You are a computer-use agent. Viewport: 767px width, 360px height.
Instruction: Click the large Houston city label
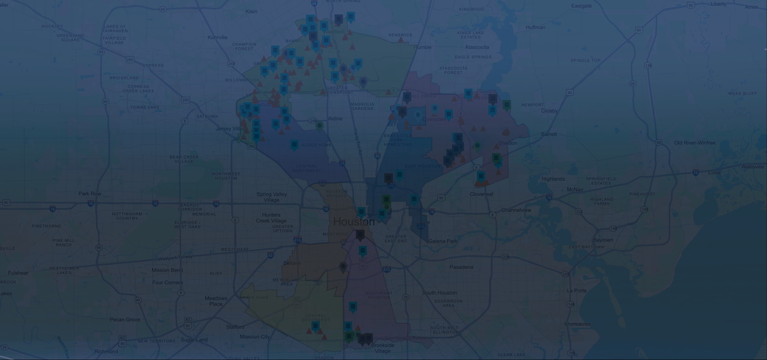pyautogui.click(x=353, y=222)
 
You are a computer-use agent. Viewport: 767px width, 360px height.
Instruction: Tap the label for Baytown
pyautogui.click(x=603, y=240)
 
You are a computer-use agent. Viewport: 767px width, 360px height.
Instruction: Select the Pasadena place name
pyautogui.click(x=461, y=267)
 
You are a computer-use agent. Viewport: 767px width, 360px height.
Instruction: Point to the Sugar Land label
pyautogui.click(x=194, y=339)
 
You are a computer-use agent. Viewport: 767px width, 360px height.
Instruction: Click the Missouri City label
pyautogui.click(x=255, y=337)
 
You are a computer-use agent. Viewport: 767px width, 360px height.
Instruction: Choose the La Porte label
pyautogui.click(x=577, y=291)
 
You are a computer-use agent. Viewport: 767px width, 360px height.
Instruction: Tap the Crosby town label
pyautogui.click(x=549, y=111)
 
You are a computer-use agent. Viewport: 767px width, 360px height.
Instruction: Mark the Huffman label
pyautogui.click(x=535, y=28)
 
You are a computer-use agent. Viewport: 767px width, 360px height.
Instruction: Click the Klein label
pyautogui.click(x=251, y=12)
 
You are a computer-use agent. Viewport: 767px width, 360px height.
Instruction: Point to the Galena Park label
pyautogui.click(x=442, y=241)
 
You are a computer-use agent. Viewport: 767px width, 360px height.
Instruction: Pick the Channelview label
pyautogui.click(x=516, y=210)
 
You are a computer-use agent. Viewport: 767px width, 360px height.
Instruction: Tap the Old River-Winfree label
pyautogui.click(x=695, y=143)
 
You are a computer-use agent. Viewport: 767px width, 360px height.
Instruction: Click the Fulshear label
pyautogui.click(x=18, y=273)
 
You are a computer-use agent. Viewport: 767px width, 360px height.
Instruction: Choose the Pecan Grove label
pyautogui.click(x=124, y=320)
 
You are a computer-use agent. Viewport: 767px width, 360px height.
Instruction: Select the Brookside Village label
pyautogui.click(x=383, y=348)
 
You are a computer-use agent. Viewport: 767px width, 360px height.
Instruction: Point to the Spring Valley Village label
pyautogui.click(x=271, y=197)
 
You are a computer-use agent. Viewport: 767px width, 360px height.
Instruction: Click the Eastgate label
pyautogui.click(x=582, y=6)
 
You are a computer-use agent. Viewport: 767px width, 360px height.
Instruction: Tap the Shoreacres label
pyautogui.click(x=577, y=324)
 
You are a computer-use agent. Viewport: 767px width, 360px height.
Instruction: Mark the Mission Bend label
pyautogui.click(x=167, y=270)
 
